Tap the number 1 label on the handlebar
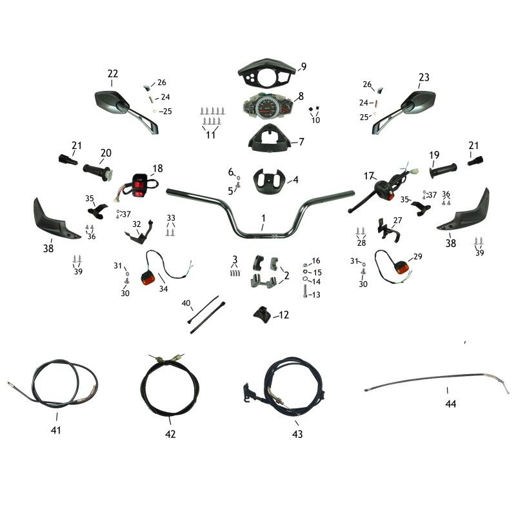coord(263,218)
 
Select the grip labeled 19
coord(444,171)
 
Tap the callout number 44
coord(450,404)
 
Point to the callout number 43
coord(297,434)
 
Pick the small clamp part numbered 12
coord(261,315)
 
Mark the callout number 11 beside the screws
coord(210,135)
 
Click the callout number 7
coord(301,141)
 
